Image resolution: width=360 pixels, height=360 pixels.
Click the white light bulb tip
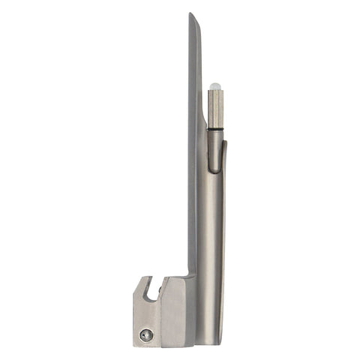(x=215, y=86)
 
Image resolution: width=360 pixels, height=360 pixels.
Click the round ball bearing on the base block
(x=147, y=336)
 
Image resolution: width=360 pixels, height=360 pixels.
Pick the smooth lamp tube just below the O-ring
(x=215, y=146)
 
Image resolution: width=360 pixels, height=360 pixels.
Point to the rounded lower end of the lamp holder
(x=215, y=169)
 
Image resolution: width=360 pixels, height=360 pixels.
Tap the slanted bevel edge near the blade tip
(x=196, y=37)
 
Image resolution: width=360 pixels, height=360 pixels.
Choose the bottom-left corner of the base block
(x=135, y=346)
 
